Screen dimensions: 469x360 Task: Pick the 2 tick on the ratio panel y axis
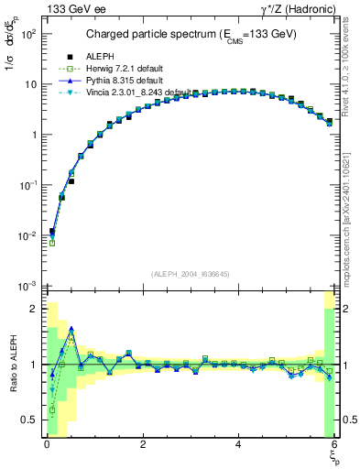(x=33, y=309)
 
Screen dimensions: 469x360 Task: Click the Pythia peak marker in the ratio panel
(x=71, y=328)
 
